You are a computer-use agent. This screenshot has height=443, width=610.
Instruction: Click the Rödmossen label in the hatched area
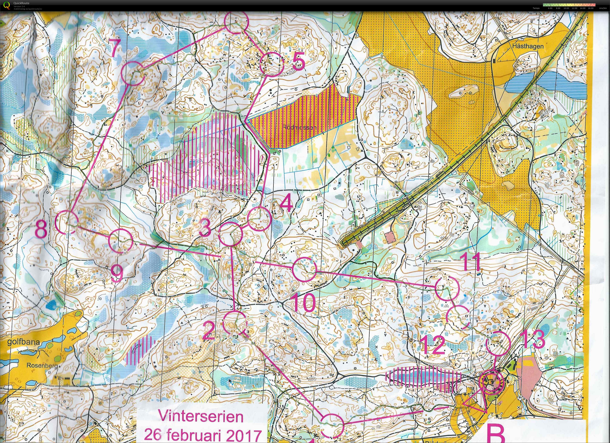[299, 127]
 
